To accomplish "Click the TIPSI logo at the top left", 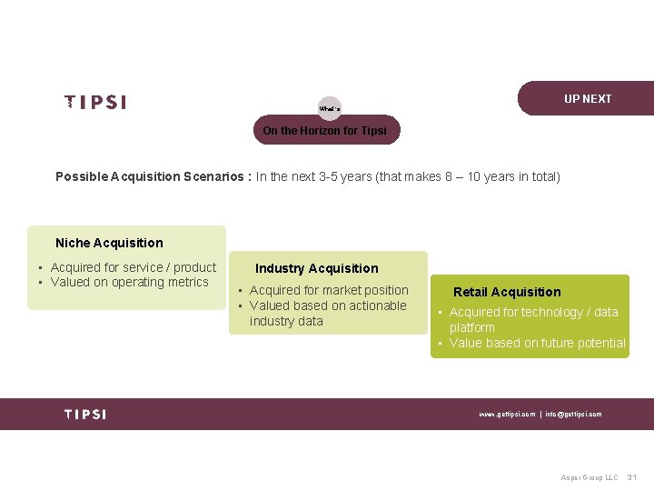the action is [95, 103].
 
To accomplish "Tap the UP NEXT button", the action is [587, 99].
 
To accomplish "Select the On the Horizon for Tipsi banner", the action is [324, 131].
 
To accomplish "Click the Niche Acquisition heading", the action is [109, 243].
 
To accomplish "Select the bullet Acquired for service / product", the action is [134, 267].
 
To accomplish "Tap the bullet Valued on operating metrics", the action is [130, 282].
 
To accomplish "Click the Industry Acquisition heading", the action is [316, 268].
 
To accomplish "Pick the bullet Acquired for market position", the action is [329, 291].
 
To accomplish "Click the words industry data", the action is [286, 321].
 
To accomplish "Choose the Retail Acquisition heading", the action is [507, 292].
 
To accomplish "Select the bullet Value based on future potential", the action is [537, 343].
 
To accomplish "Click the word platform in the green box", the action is [472, 327].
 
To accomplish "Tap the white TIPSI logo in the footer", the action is [85, 414].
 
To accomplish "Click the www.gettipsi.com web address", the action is [507, 415].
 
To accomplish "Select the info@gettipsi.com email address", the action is [573, 415].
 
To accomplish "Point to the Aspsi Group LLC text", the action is [589, 477].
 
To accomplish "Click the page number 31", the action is [632, 477].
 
